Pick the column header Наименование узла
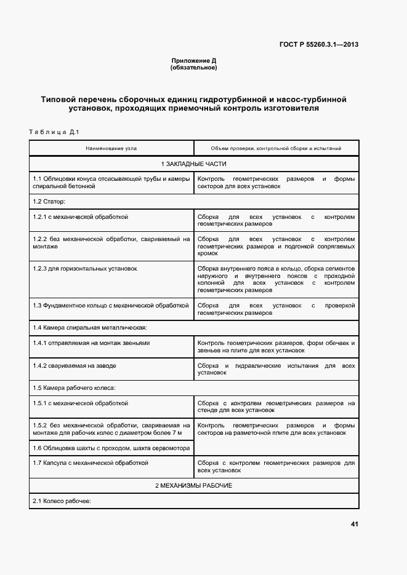pyautogui.click(x=111, y=148)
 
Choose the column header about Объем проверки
pyautogui.click(x=276, y=148)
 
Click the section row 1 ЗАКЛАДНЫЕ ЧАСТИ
pyautogui.click(x=193, y=164)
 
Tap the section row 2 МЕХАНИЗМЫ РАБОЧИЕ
pyautogui.click(x=193, y=485)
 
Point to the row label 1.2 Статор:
pyautogui.click(x=49, y=201)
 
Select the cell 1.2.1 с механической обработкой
pyautogui.click(x=81, y=217)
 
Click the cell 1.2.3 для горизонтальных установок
pyautogui.click(x=85, y=268)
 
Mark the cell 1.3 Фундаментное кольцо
pyautogui.click(x=111, y=304)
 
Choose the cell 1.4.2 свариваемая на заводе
pyautogui.click(x=75, y=365)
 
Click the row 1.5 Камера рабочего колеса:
pyautogui.click(x=75, y=387)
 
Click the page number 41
pyautogui.click(x=354, y=524)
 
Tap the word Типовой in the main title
pyautogui.click(x=60, y=98)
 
